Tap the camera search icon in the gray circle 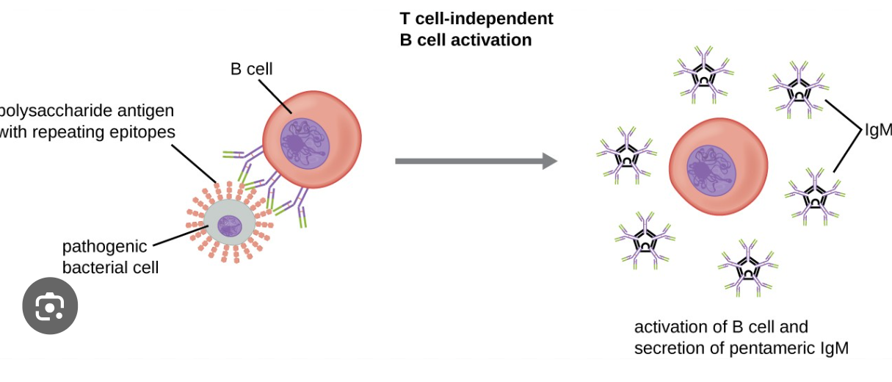pos(50,306)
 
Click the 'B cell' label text pos(251,69)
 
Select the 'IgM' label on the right pos(877,130)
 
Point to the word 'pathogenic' pos(104,246)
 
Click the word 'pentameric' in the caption pos(772,348)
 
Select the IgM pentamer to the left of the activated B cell pos(626,156)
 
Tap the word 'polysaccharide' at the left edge pos(87,111)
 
